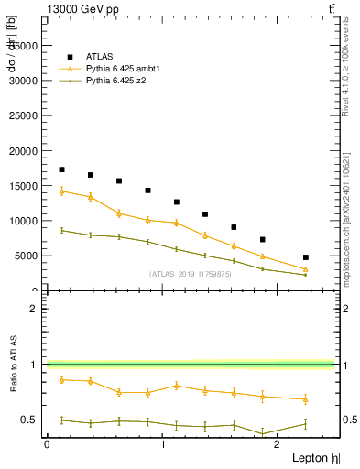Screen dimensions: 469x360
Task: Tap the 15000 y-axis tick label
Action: [23, 186]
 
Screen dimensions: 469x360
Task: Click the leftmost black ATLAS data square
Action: [61, 169]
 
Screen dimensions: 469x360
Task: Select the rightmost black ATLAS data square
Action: [305, 257]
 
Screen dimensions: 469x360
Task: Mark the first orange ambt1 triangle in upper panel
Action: [61, 191]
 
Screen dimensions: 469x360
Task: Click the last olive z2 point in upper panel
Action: [305, 274]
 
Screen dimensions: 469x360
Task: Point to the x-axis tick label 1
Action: [163, 444]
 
